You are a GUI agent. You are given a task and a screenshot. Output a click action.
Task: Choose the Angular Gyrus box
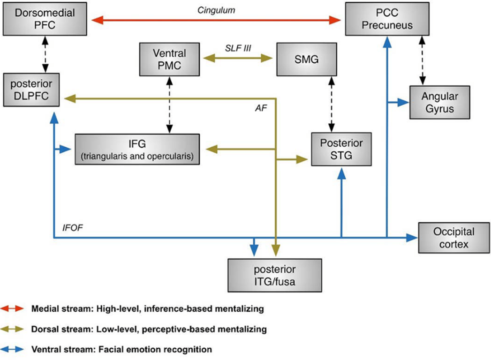pyautogui.click(x=439, y=102)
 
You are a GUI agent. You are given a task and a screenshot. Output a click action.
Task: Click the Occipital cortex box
pyautogui.click(x=454, y=238)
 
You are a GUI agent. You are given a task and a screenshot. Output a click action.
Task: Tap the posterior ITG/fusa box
pyautogui.click(x=275, y=275)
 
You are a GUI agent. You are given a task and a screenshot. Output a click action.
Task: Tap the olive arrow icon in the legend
pyautogui.click(x=15, y=330)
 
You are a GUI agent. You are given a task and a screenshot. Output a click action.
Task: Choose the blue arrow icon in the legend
pyautogui.click(x=15, y=349)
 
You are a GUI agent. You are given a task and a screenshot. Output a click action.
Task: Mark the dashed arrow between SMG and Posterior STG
pyautogui.click(x=332, y=104)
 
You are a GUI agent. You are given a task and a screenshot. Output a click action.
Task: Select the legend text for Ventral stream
pyautogui.click(x=121, y=349)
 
